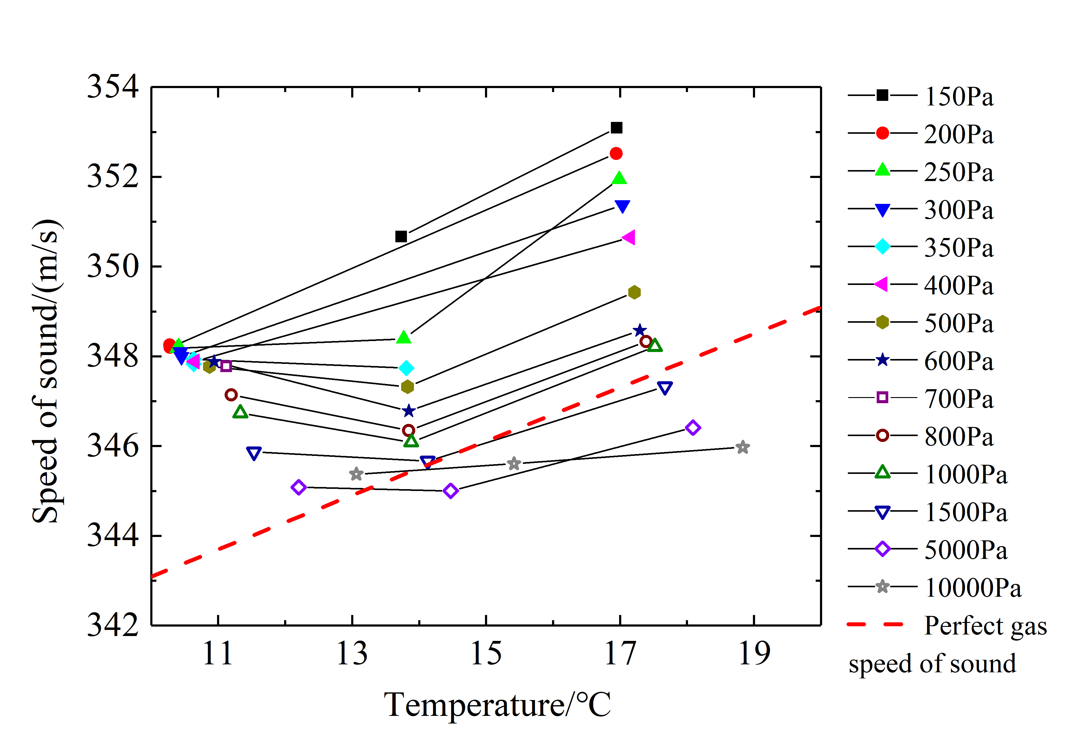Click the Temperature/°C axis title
click(x=497, y=705)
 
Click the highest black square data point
click(x=616, y=128)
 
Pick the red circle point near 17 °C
click(x=616, y=154)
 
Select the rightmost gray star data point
click(x=743, y=447)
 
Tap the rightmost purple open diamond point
click(x=693, y=428)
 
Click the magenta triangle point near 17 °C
click(x=629, y=238)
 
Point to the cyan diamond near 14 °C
click(x=406, y=368)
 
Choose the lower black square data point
click(x=401, y=236)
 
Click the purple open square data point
click(x=226, y=366)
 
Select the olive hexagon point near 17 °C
click(x=634, y=292)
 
